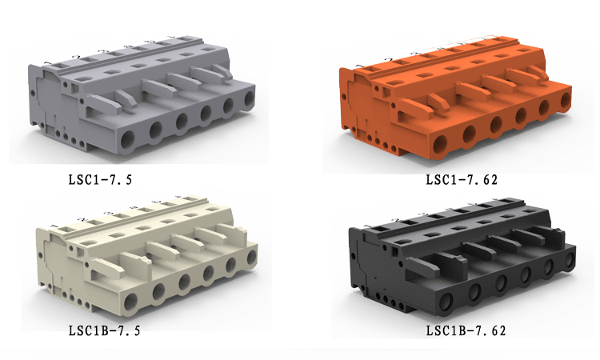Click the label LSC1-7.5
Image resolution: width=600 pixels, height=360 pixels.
coord(100,179)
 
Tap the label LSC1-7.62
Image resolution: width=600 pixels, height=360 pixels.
coord(462,179)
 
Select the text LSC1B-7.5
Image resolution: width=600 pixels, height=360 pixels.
coord(105,330)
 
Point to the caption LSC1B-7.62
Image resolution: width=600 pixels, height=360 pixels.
coord(466,330)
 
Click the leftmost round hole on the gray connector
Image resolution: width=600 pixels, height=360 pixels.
coord(128,140)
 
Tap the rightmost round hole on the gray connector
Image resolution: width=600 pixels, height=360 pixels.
coord(249,99)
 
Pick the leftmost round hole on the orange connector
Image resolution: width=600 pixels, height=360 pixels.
coord(440,144)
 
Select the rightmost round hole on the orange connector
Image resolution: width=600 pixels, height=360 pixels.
coord(566,100)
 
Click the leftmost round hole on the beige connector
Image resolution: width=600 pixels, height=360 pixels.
coord(131,301)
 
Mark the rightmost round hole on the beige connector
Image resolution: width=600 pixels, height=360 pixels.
coord(252,258)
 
